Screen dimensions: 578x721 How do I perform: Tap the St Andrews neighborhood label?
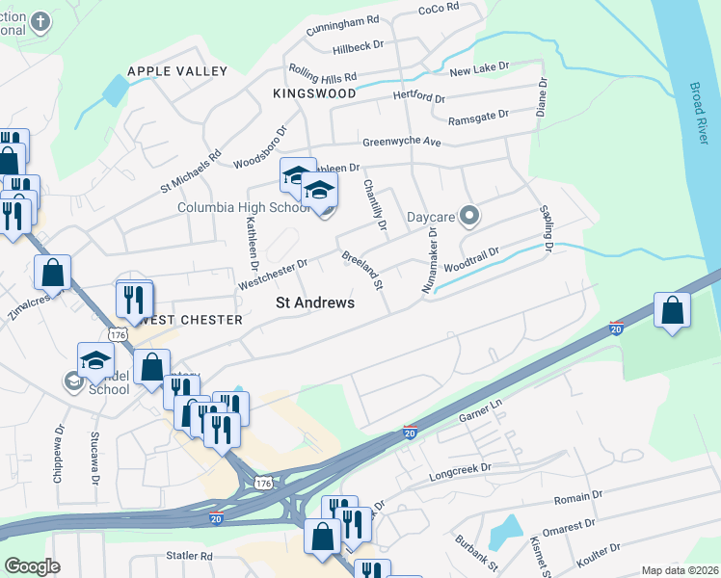[x=315, y=302]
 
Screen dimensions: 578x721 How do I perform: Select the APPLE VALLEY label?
[x=178, y=71]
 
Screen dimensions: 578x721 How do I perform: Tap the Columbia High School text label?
[x=244, y=207]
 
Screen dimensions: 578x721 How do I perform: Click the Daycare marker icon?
[x=469, y=216]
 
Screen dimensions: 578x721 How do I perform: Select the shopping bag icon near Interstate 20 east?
[x=672, y=310]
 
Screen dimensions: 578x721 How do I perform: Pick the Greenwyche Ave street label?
[x=401, y=143]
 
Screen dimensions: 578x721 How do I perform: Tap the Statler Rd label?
[x=188, y=556]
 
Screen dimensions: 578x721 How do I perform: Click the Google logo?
[x=32, y=566]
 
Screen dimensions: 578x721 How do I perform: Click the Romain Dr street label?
[x=578, y=499]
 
